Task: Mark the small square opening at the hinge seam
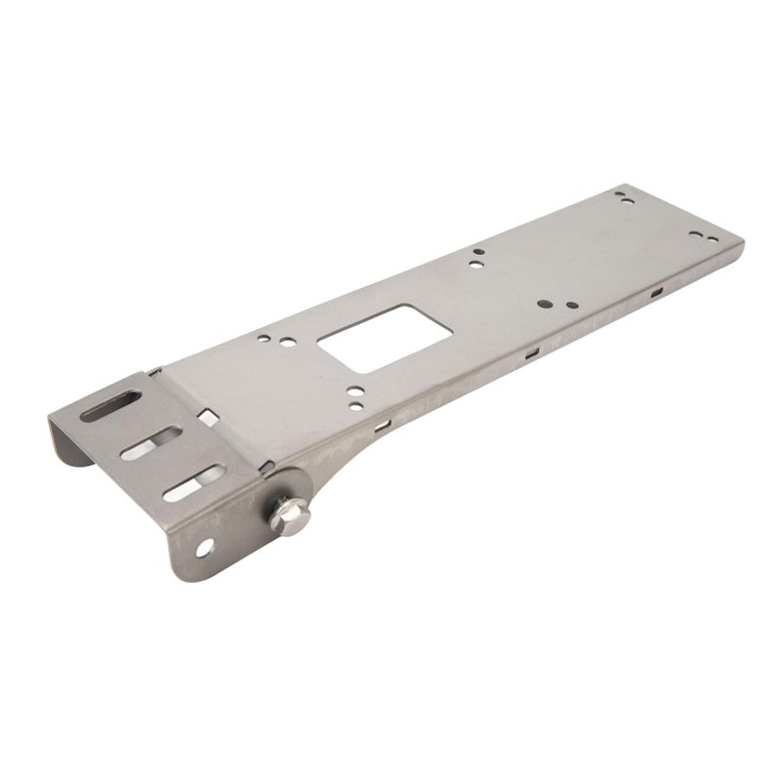(206, 415)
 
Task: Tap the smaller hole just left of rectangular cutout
(264, 338)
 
